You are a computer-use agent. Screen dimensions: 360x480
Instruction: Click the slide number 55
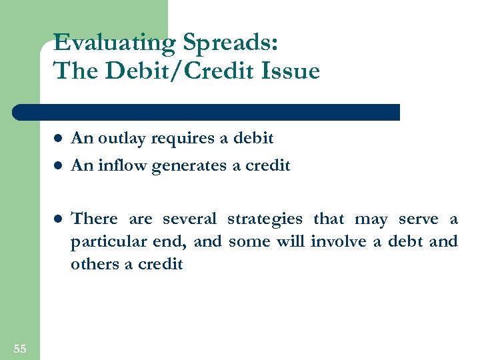[x=19, y=348]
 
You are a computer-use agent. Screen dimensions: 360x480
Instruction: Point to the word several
[x=190, y=219]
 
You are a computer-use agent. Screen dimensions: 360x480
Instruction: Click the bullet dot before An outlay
[x=58, y=139]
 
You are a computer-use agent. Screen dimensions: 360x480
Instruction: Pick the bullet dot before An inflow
[x=58, y=166]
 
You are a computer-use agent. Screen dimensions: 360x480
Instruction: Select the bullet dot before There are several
[x=58, y=219]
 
